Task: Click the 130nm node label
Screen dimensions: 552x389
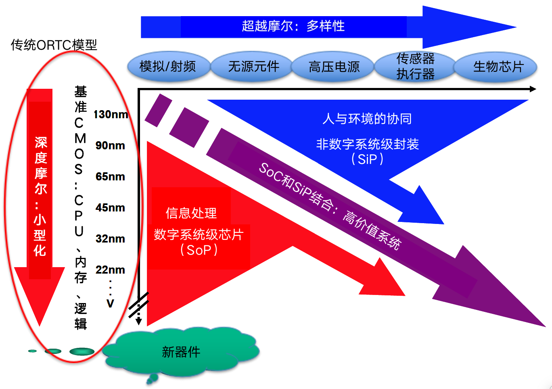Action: (x=111, y=114)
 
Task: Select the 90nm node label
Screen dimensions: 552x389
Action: (x=110, y=145)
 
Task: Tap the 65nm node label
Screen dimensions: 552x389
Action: (x=110, y=176)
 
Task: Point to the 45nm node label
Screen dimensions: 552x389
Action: (x=110, y=207)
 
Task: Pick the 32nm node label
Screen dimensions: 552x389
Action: (x=110, y=238)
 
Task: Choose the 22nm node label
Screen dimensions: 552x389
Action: (x=110, y=270)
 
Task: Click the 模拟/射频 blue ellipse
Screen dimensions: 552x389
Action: (x=169, y=66)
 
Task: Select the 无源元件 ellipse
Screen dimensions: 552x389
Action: (x=252, y=66)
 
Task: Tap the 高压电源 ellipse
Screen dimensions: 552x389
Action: (x=333, y=66)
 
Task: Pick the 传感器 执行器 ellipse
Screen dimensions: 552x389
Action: (x=415, y=66)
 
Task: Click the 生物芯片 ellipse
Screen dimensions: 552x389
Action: (x=496, y=66)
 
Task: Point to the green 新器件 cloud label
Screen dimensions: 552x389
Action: (x=181, y=352)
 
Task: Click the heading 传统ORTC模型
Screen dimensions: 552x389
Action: (x=54, y=45)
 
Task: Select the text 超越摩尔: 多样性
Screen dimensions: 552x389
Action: (x=293, y=26)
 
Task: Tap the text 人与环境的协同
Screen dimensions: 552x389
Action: (x=367, y=119)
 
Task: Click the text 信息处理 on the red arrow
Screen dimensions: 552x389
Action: (x=191, y=213)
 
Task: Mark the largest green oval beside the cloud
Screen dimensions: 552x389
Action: (x=82, y=351)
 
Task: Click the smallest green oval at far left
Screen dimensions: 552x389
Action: (x=33, y=351)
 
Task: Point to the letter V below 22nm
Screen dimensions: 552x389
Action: (x=110, y=303)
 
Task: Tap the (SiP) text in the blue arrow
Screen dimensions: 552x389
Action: (x=367, y=159)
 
